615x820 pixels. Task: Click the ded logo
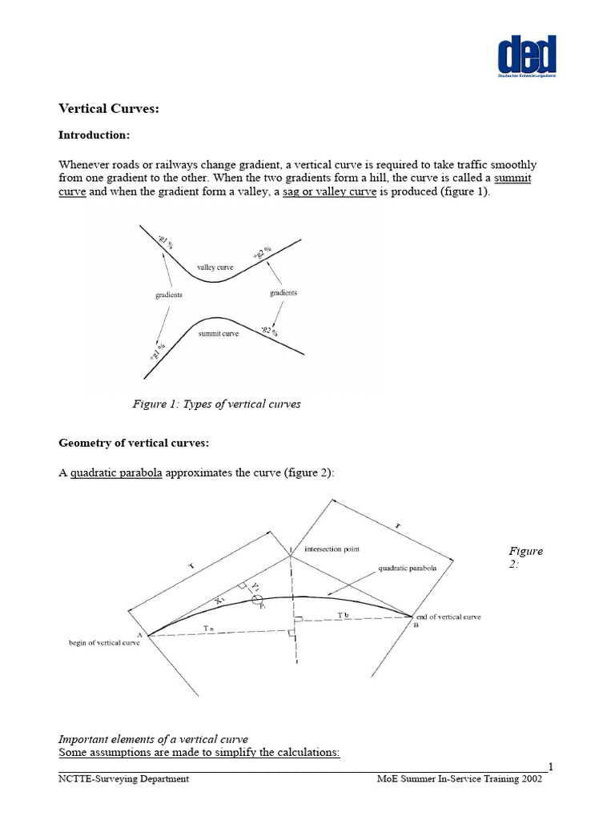[x=526, y=57]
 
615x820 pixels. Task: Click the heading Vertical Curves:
[x=110, y=109]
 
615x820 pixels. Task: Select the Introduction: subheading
[x=94, y=135]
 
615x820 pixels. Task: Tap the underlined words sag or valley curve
[x=329, y=192]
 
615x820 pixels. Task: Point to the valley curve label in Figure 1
[x=215, y=266]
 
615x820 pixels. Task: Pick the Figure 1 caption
[x=216, y=404]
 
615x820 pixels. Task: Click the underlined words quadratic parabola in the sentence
[x=116, y=473]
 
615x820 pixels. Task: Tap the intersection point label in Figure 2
[x=332, y=549]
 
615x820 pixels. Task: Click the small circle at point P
[x=259, y=602]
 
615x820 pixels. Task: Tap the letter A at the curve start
[x=140, y=636]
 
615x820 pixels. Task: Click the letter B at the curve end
[x=416, y=626]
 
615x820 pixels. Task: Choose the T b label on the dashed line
[x=344, y=614]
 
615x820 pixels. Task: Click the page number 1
[x=551, y=767]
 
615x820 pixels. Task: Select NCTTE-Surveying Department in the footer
[x=123, y=780]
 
